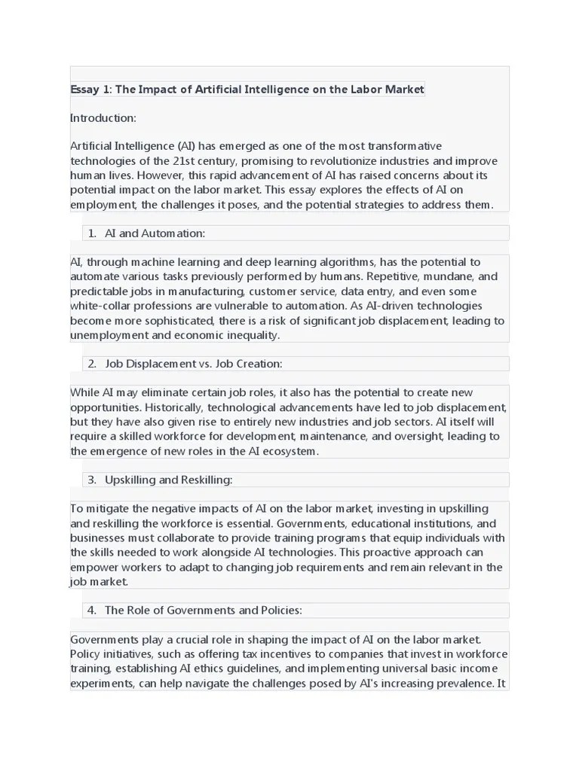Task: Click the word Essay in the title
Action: [84, 90]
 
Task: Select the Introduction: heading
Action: [103, 118]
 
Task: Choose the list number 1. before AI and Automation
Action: [91, 233]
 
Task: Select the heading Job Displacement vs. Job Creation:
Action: [194, 364]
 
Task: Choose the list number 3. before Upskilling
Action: [91, 480]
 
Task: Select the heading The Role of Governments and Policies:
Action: [204, 611]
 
